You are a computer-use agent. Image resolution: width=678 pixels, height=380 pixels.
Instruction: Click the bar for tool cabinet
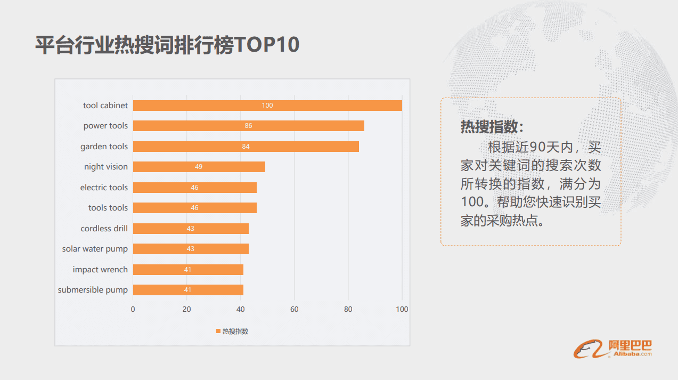267,106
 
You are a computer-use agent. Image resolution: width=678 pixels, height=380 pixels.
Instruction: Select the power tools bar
248,126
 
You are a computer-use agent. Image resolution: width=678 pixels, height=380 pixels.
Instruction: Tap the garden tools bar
246,146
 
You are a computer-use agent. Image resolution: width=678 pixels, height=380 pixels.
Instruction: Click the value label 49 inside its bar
199,167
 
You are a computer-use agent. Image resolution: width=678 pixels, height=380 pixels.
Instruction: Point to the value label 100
267,106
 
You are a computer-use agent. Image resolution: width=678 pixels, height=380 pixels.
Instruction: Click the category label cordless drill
104,228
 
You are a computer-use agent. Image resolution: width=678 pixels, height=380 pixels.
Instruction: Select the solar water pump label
95,249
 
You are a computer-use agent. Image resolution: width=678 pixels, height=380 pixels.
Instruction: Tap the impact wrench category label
100,269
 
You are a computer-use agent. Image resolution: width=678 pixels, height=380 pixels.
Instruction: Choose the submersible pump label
93,290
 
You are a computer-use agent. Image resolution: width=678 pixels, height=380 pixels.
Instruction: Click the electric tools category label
104,187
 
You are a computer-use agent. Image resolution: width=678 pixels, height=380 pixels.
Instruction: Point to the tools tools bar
194,208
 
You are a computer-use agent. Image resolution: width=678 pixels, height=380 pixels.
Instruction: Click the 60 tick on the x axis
295,309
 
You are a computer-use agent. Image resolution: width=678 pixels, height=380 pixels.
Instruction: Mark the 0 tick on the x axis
133,309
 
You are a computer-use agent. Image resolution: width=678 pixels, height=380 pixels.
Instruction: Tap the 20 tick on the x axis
187,309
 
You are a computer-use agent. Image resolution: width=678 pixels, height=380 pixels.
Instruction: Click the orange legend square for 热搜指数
218,332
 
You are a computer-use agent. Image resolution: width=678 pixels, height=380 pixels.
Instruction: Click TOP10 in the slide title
267,45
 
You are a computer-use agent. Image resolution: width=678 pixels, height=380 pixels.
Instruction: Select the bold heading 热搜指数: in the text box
492,127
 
